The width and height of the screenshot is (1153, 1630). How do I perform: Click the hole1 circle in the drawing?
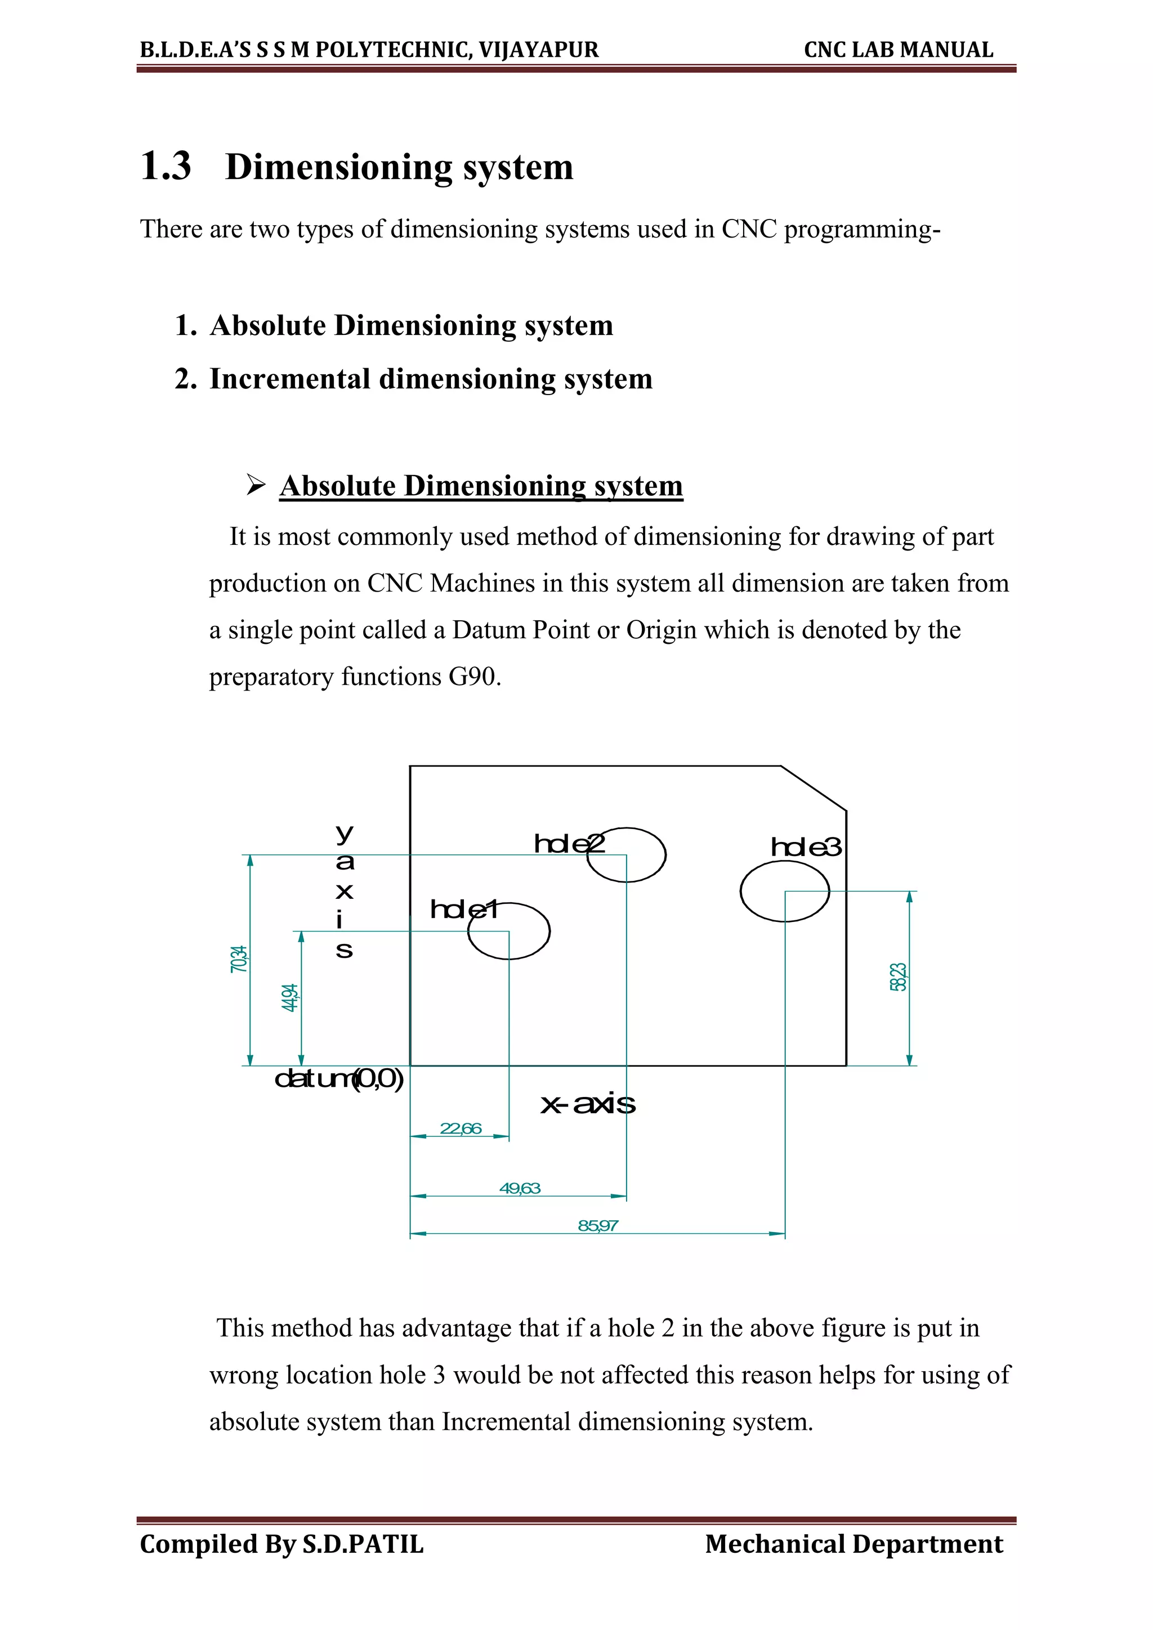pos(508,931)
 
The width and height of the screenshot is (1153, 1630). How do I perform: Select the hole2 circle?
pos(626,855)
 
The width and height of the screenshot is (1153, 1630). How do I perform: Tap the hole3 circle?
pos(784,891)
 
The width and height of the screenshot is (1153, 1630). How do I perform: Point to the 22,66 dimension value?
pos(460,1128)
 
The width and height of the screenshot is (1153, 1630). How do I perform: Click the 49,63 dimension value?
pos(520,1188)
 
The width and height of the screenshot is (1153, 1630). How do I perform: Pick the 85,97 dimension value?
pos(598,1225)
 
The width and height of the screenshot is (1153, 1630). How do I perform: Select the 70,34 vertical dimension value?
pos(239,959)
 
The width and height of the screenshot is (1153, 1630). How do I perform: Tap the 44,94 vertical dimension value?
pos(290,997)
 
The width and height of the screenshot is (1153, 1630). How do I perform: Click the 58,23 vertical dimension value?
pos(898,977)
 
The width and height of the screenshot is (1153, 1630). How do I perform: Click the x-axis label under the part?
pos(588,1104)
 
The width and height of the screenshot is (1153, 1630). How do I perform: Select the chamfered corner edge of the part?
pos(814,788)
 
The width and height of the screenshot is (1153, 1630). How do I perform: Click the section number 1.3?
pos(166,167)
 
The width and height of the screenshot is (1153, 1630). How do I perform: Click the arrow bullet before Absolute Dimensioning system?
pos(256,486)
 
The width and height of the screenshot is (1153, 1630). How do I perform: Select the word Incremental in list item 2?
pos(290,379)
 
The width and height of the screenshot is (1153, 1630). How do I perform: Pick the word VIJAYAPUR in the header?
pos(538,50)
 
